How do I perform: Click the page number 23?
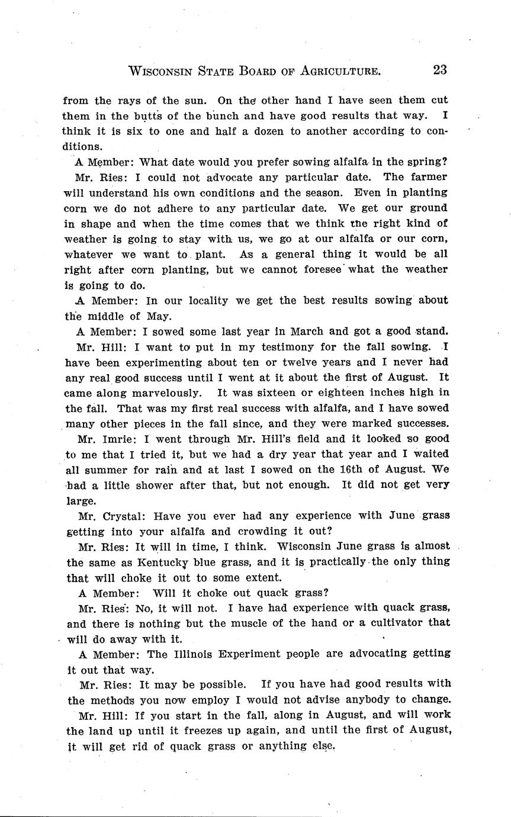click(439, 70)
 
